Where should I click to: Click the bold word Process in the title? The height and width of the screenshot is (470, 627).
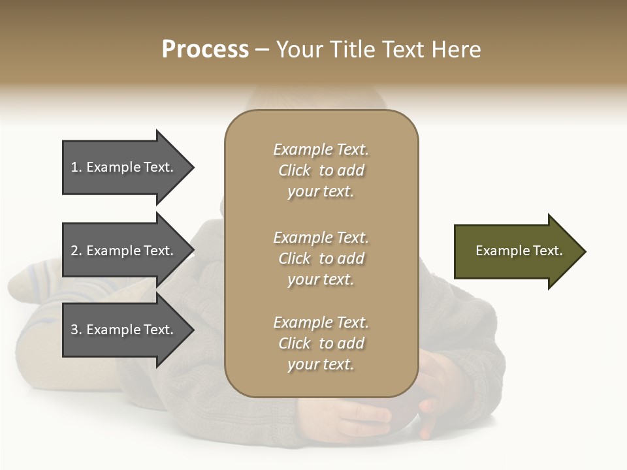(x=205, y=50)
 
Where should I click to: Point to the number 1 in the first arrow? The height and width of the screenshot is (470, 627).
(x=75, y=167)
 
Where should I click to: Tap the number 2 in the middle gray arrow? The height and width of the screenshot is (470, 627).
(x=75, y=251)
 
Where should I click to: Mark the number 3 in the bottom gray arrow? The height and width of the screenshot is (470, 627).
(x=75, y=330)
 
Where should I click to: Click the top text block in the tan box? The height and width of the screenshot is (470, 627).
(x=321, y=170)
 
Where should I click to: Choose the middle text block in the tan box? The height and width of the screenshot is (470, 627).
(x=321, y=258)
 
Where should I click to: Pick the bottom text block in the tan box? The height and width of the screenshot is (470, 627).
(x=321, y=343)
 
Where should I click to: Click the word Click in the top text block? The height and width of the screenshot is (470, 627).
(x=295, y=170)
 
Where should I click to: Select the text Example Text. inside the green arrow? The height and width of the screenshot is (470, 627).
(x=519, y=251)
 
